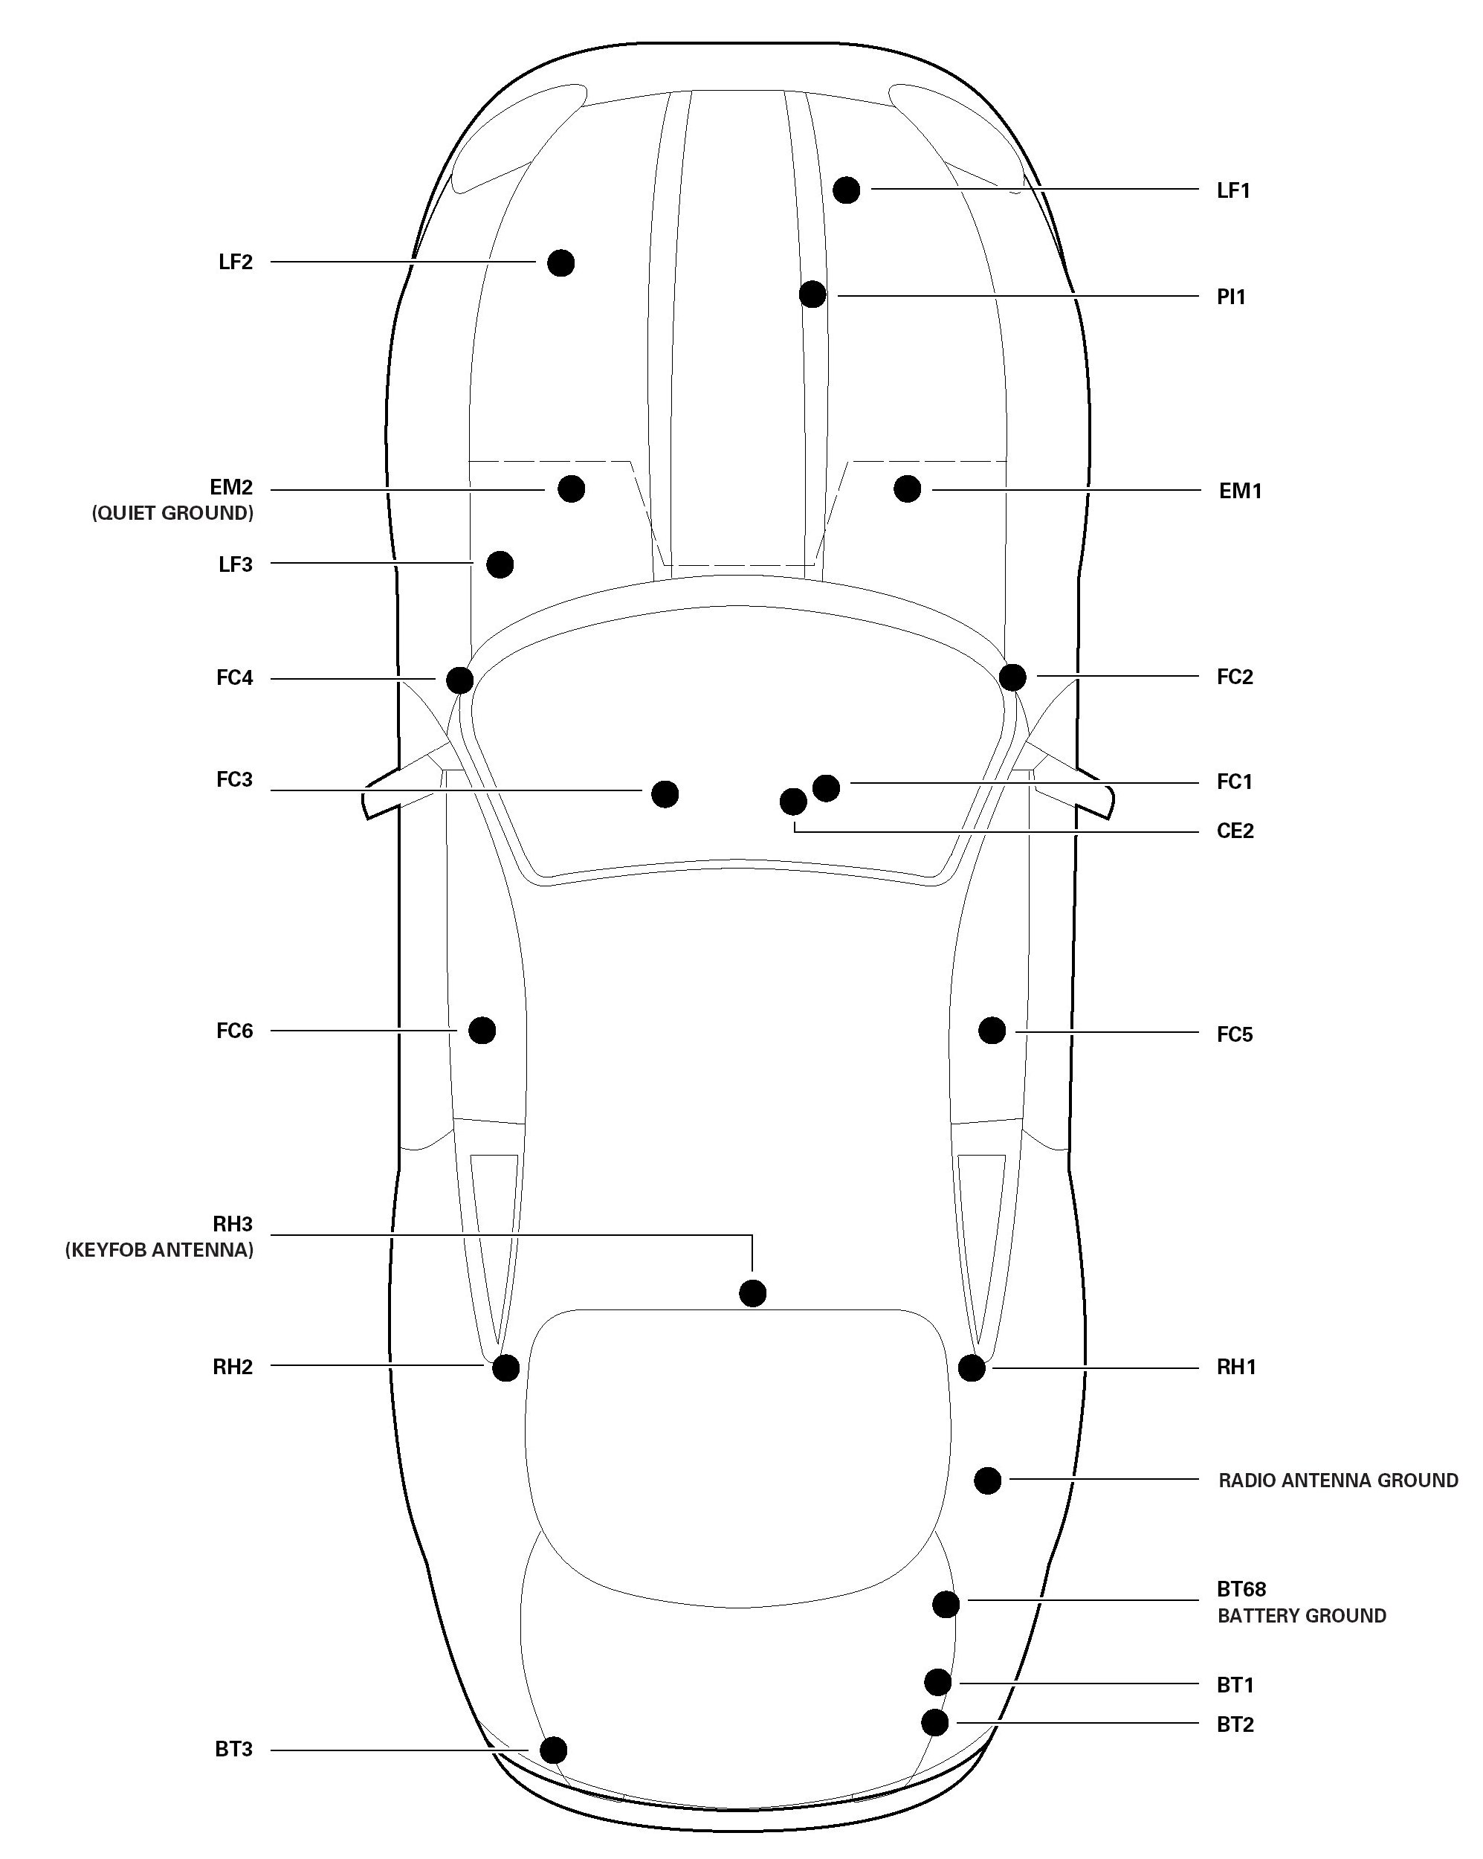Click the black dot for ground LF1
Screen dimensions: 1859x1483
[846, 190]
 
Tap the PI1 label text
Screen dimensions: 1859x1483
[1230, 297]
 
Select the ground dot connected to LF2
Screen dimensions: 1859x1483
[560, 262]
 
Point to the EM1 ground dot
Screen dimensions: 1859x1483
[907, 489]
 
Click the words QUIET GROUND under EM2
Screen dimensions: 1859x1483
[172, 514]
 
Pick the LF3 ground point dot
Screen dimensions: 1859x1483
[500, 565]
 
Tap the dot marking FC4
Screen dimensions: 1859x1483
[459, 680]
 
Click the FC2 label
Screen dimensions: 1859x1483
[1234, 677]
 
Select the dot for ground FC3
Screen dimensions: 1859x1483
[665, 793]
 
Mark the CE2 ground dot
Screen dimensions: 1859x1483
[793, 802]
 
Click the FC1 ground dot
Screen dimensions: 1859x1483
[826, 787]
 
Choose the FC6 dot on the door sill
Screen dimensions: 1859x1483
[482, 1030]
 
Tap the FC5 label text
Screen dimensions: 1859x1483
[1234, 1034]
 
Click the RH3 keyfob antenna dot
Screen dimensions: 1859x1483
[753, 1293]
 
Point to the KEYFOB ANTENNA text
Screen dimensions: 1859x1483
[160, 1250]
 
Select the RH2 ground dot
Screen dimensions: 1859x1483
[505, 1367]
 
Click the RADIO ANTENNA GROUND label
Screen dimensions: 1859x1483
[1337, 1481]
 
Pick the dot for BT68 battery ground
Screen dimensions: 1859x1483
[946, 1604]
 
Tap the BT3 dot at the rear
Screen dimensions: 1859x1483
[554, 1750]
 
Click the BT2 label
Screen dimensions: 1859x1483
[1235, 1724]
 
